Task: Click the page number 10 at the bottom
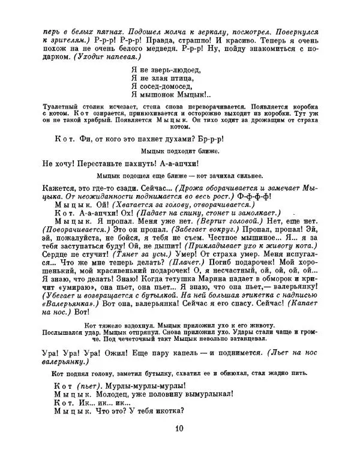click(x=180, y=428)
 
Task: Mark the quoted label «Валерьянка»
click(x=67, y=305)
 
